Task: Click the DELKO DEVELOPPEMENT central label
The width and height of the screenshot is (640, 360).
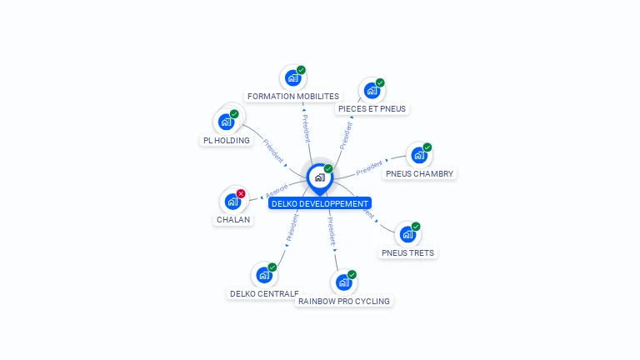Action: [x=319, y=203]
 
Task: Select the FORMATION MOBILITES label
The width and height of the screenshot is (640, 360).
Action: [x=293, y=96]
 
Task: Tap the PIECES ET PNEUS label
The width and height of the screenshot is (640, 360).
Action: [x=372, y=108]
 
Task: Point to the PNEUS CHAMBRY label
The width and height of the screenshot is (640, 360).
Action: [x=419, y=173]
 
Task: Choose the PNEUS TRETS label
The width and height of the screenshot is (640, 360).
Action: [x=407, y=252]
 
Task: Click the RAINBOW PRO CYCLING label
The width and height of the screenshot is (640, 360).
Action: [x=344, y=301]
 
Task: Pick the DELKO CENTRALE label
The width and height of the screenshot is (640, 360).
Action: [x=264, y=293]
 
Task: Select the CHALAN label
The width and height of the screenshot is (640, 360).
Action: [x=233, y=220]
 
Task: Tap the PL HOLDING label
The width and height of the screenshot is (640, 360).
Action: [x=227, y=140]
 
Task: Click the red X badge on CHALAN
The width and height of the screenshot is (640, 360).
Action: [x=241, y=193]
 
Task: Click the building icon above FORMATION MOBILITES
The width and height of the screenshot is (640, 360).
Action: [x=292, y=78]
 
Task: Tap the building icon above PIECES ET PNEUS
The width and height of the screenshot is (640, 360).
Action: [x=371, y=90]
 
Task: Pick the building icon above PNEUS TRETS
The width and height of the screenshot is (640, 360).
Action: [x=407, y=234]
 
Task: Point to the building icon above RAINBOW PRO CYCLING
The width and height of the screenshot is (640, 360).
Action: [x=342, y=282]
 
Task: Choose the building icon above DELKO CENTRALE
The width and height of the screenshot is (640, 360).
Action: [x=263, y=275]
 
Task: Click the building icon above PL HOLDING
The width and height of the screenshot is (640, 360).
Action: [x=226, y=122]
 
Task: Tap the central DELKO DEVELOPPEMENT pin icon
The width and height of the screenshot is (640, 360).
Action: [x=319, y=177]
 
